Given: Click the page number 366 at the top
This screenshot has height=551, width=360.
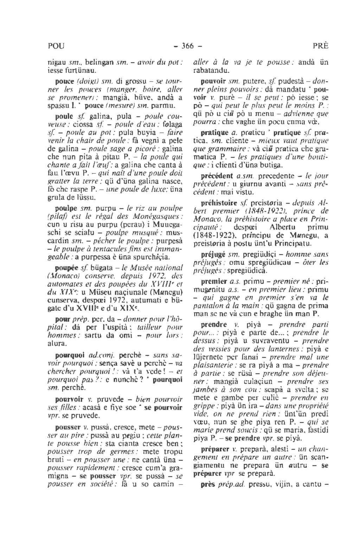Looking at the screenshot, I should point(188,46).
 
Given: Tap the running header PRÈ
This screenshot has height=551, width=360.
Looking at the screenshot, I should point(320,46).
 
